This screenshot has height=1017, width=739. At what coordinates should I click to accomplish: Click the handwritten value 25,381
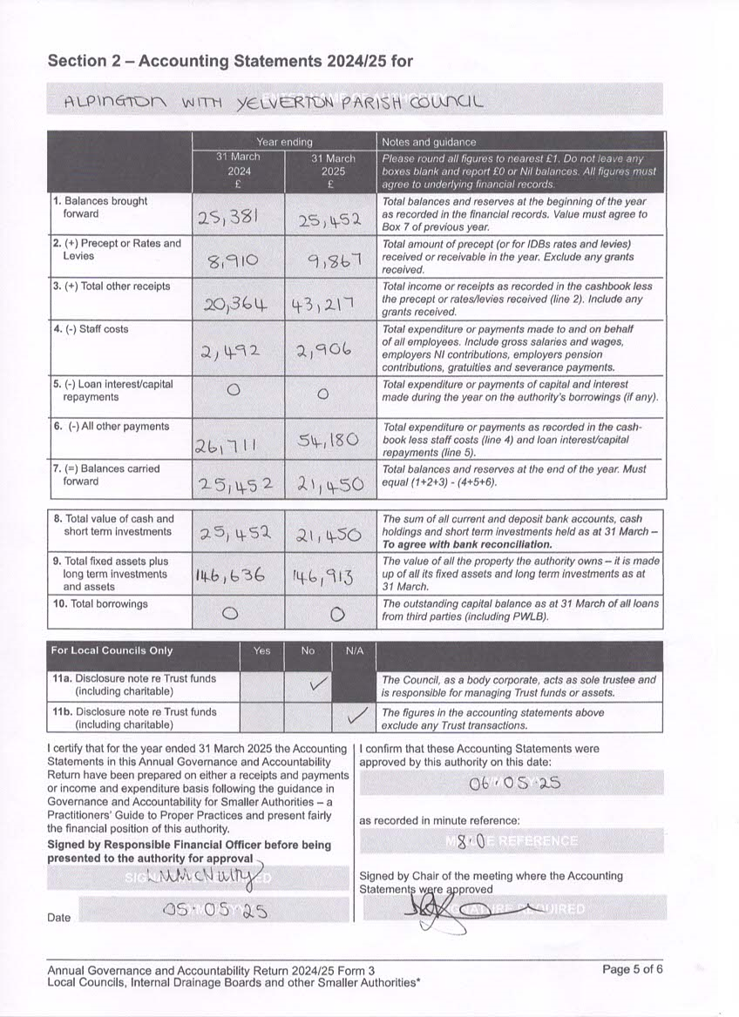coord(237,218)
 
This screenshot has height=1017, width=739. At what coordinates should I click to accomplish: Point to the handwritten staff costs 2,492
coord(237,351)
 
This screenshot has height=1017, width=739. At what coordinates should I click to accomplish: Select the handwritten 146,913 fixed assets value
coord(330,576)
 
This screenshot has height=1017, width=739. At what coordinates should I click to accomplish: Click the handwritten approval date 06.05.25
coord(514,783)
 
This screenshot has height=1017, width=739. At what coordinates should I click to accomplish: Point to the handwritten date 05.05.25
coord(214,911)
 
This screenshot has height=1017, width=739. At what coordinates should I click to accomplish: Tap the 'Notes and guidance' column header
coord(422,142)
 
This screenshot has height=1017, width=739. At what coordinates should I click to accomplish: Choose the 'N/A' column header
coord(355,650)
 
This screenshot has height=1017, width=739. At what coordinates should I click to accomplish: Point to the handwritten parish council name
coord(273,102)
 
